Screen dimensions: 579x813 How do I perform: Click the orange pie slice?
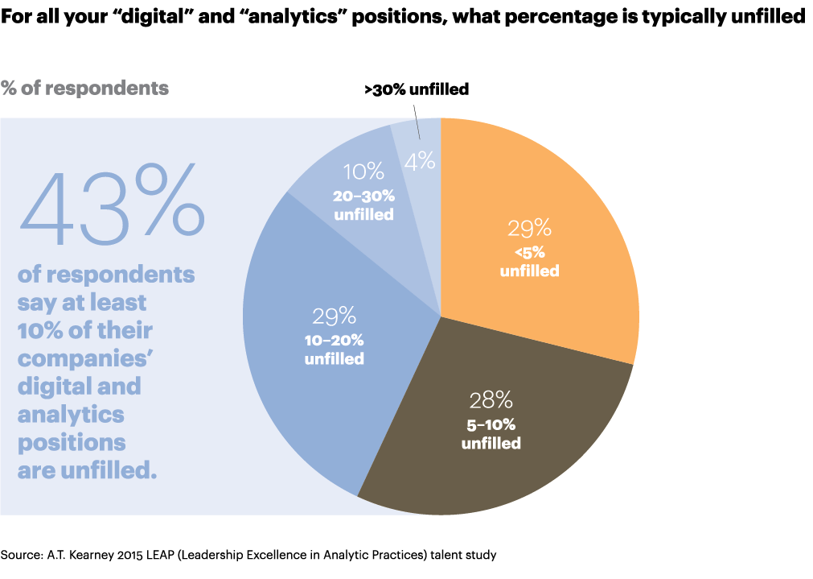555,201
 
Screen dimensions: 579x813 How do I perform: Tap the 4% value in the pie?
420,160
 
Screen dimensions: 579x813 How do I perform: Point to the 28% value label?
491,400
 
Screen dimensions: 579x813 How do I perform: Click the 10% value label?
363,171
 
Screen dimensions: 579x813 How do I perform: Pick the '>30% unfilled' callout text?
416,89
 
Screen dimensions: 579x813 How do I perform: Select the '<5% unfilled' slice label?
529,263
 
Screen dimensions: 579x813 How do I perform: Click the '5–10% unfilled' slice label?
491,435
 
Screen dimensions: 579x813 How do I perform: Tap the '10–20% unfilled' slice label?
334,349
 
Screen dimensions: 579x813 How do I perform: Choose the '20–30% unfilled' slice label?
363,205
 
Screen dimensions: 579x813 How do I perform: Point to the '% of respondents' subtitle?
85,87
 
